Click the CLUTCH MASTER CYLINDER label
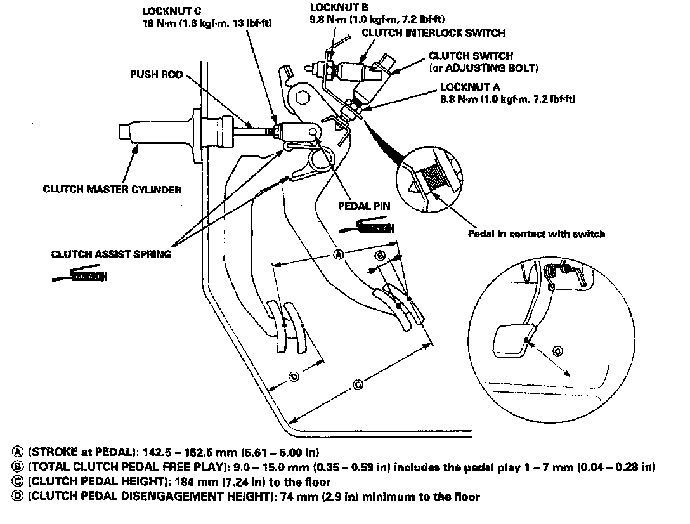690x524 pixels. coord(112,188)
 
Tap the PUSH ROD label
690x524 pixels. coord(156,74)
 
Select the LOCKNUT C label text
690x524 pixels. coord(167,11)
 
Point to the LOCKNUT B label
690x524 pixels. coord(335,8)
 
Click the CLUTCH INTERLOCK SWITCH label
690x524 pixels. coord(433,33)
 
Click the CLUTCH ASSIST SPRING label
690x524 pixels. coord(110,254)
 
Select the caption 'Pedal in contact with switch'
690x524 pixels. coord(536,233)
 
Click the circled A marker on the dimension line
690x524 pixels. coord(339,254)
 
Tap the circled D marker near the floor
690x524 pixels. coord(294,376)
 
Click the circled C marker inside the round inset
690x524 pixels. coord(557,351)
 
